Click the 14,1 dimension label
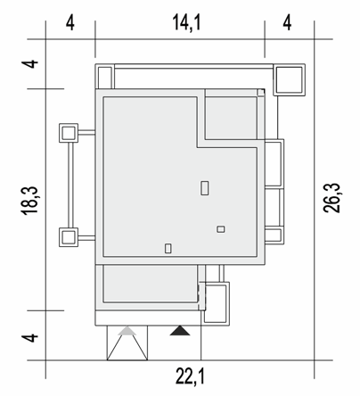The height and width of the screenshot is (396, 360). [186, 23]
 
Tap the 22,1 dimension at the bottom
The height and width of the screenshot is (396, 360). [190, 376]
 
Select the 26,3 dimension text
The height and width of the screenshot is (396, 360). [331, 198]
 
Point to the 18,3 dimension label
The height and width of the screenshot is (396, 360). [29, 201]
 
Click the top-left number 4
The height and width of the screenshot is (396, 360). [70, 23]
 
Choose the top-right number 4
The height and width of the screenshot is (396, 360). [287, 23]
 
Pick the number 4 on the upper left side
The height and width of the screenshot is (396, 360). [30, 64]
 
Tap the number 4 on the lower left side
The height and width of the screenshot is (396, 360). [30, 338]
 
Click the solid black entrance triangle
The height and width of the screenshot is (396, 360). [180, 331]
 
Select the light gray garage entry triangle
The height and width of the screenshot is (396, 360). [127, 331]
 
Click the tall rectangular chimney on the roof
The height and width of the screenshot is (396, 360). [205, 188]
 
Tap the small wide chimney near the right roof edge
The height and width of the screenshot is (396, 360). [221, 229]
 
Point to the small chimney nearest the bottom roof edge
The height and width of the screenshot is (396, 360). [168, 248]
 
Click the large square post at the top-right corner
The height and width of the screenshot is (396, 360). [290, 79]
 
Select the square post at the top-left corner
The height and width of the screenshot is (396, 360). [104, 77]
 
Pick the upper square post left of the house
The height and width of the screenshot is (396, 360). [69, 133]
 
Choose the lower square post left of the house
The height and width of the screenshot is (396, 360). [69, 237]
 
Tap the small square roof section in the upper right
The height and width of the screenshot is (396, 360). [231, 118]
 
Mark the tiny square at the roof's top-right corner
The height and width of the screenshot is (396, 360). [261, 93]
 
